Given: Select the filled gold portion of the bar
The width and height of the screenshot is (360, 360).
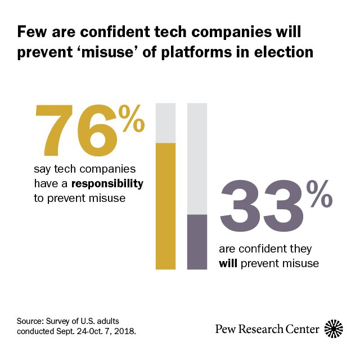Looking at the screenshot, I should pos(165,205).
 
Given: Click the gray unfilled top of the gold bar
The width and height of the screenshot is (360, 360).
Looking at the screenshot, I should pos(165,123).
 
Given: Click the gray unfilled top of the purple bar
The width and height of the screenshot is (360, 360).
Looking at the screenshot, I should pos(197,158).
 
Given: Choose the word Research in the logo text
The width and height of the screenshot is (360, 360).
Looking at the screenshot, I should pos(261,329).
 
